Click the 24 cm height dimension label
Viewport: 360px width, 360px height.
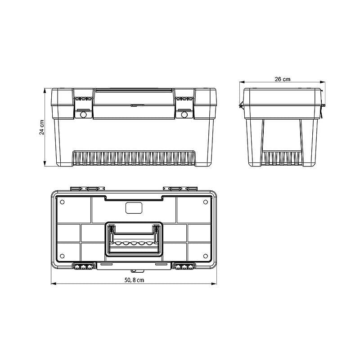[x=42, y=127]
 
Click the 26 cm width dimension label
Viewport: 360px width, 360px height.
[x=283, y=79]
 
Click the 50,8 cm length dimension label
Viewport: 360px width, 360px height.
[x=134, y=280]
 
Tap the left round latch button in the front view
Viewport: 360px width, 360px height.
[x=83, y=115]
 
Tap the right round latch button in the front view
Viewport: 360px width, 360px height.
[x=184, y=115]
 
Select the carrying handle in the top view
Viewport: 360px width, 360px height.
[x=134, y=239]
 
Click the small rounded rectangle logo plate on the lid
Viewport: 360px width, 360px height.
[x=134, y=208]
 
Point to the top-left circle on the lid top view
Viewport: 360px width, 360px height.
[x=62, y=202]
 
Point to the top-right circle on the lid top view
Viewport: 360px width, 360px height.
[x=206, y=202]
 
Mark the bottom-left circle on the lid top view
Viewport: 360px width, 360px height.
[x=62, y=256]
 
